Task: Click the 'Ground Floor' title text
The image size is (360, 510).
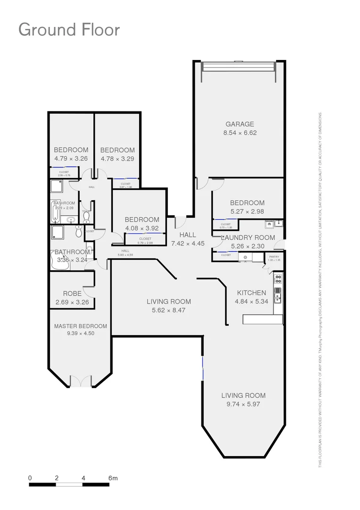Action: [x=69, y=30]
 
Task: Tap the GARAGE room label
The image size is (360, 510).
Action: [x=239, y=125]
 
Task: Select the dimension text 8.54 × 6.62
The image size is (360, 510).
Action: [x=240, y=133]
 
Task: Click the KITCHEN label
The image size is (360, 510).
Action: [x=251, y=293]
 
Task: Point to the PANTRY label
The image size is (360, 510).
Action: [x=274, y=257]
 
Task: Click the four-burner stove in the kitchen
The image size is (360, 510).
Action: [x=278, y=278]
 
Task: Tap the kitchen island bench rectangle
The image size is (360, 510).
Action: [x=262, y=320]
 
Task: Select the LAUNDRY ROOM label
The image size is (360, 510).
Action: [x=248, y=238]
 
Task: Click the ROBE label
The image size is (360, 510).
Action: [x=72, y=294]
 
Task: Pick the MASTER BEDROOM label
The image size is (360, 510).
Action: [x=80, y=326]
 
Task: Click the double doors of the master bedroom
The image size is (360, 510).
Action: [x=81, y=381]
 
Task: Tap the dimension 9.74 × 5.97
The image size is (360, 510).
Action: [x=243, y=404]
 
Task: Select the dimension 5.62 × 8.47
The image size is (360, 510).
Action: [x=168, y=310]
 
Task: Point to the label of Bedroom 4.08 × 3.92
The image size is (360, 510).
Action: [x=142, y=220]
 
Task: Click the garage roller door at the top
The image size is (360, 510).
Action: [x=238, y=66]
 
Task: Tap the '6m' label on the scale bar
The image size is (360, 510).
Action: [x=112, y=478]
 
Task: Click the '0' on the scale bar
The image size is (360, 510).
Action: [x=30, y=478]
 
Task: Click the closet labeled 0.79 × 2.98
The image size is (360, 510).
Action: [x=145, y=240]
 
